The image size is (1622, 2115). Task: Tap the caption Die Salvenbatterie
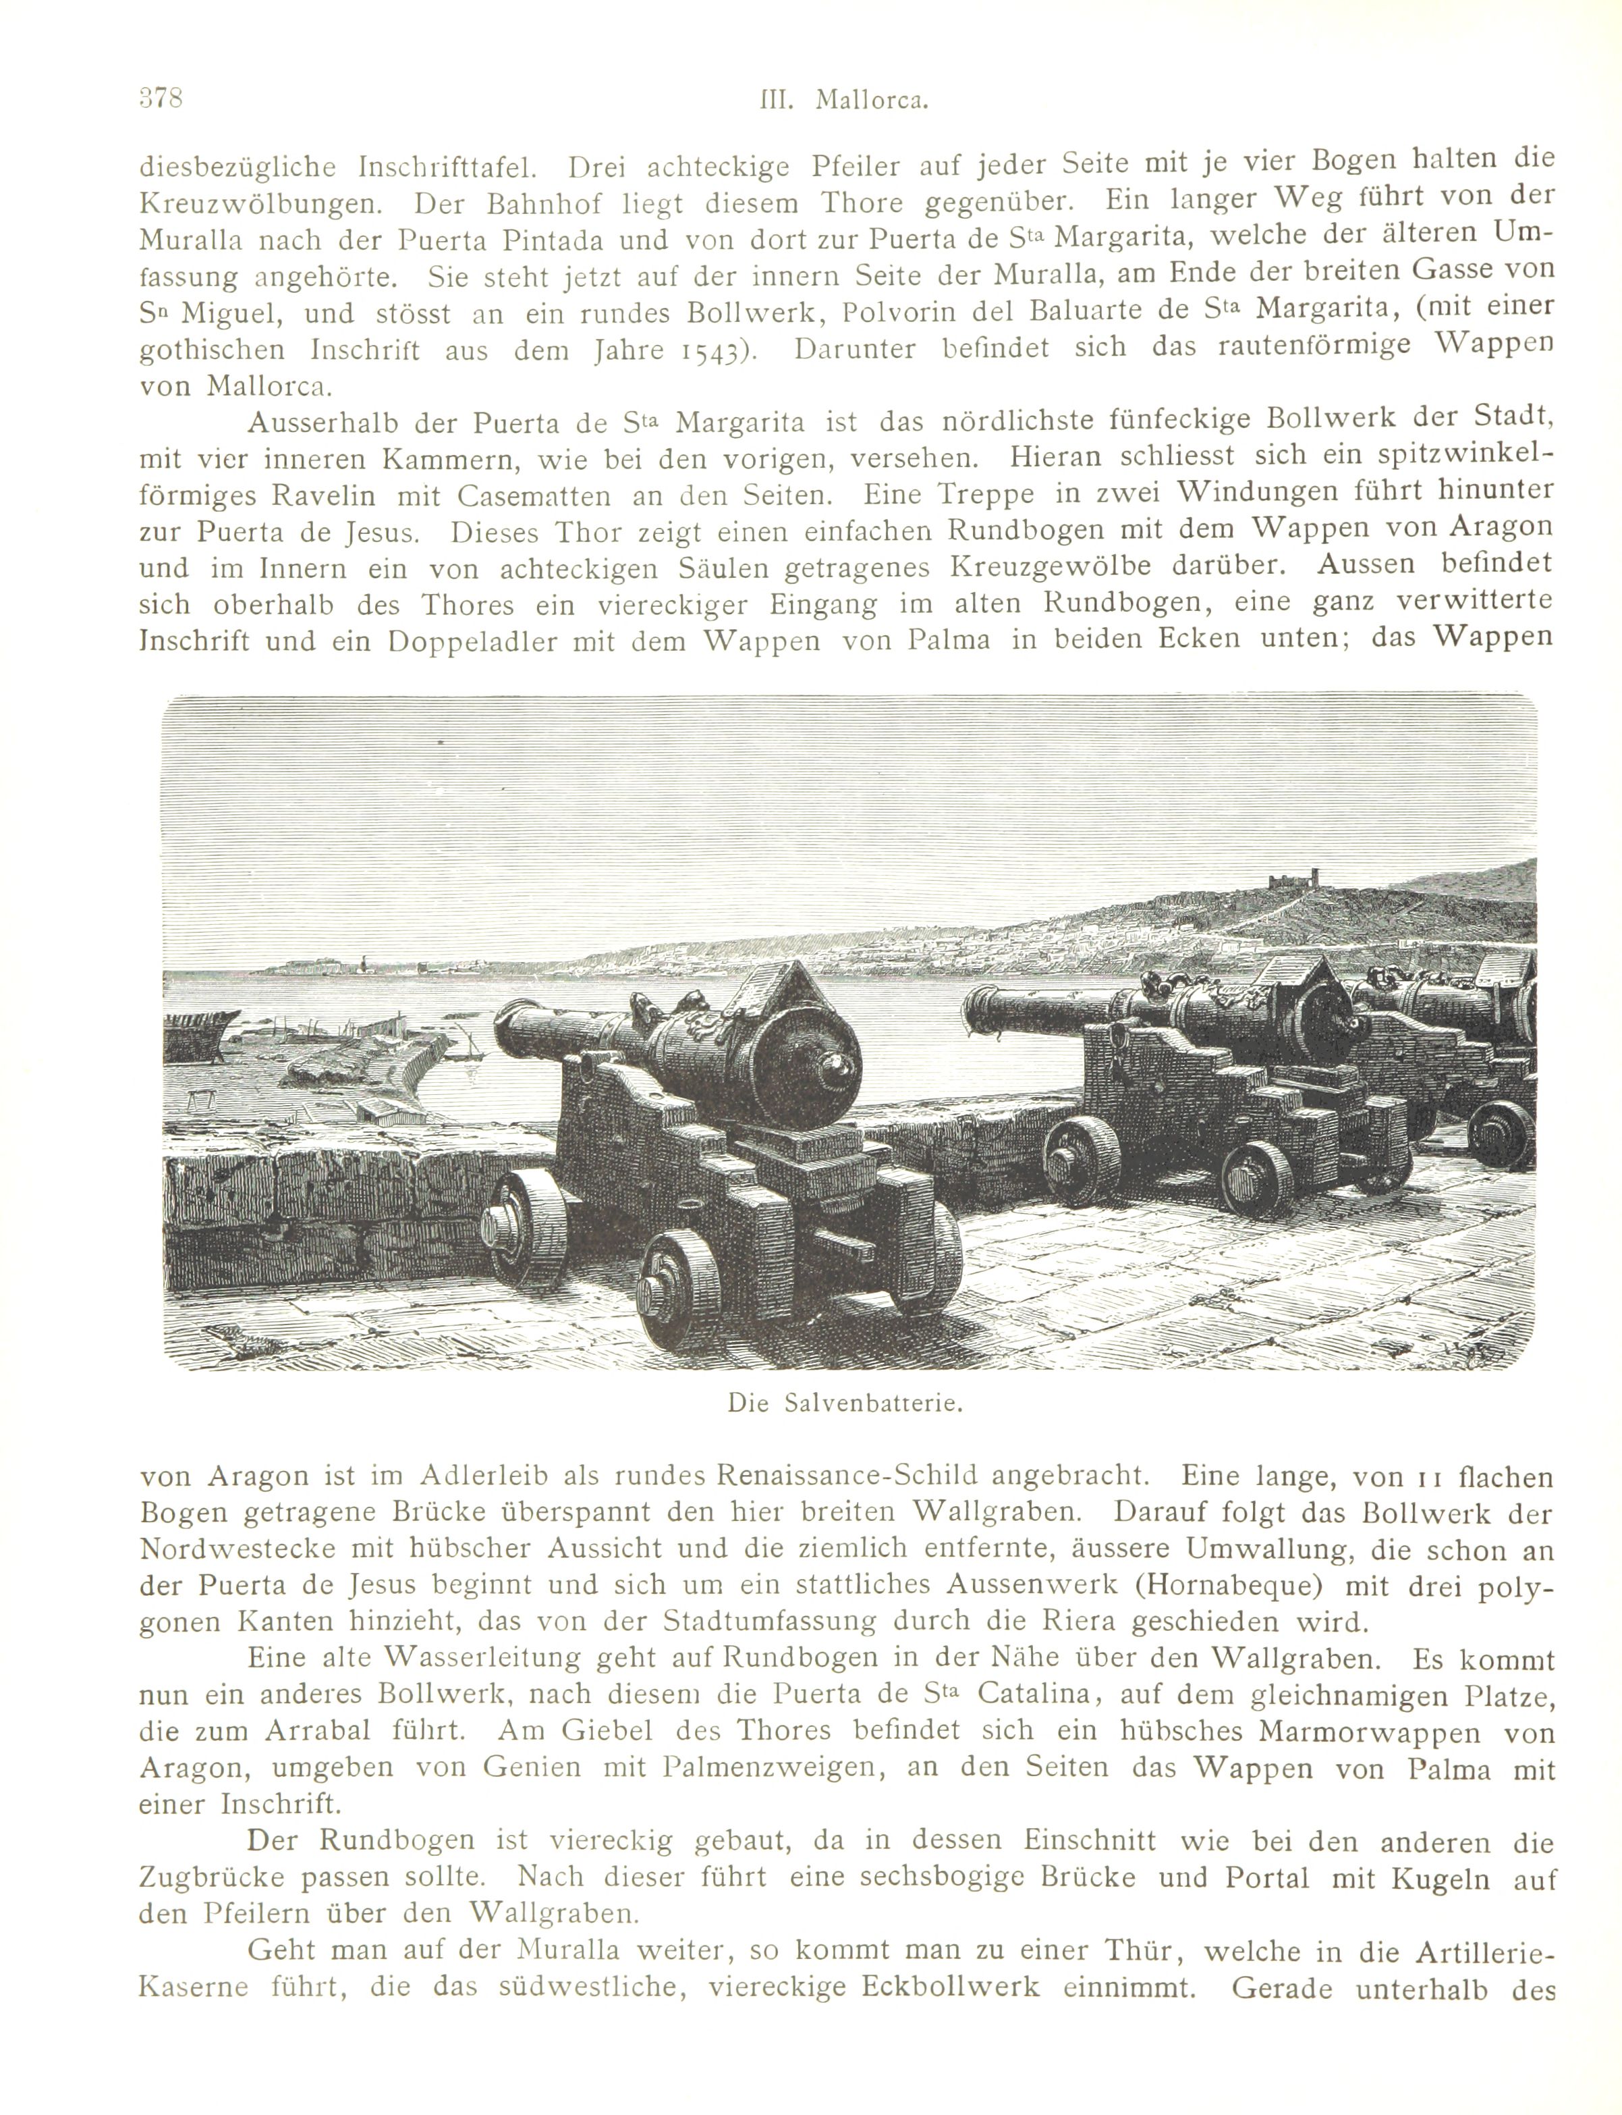[x=847, y=1404]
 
